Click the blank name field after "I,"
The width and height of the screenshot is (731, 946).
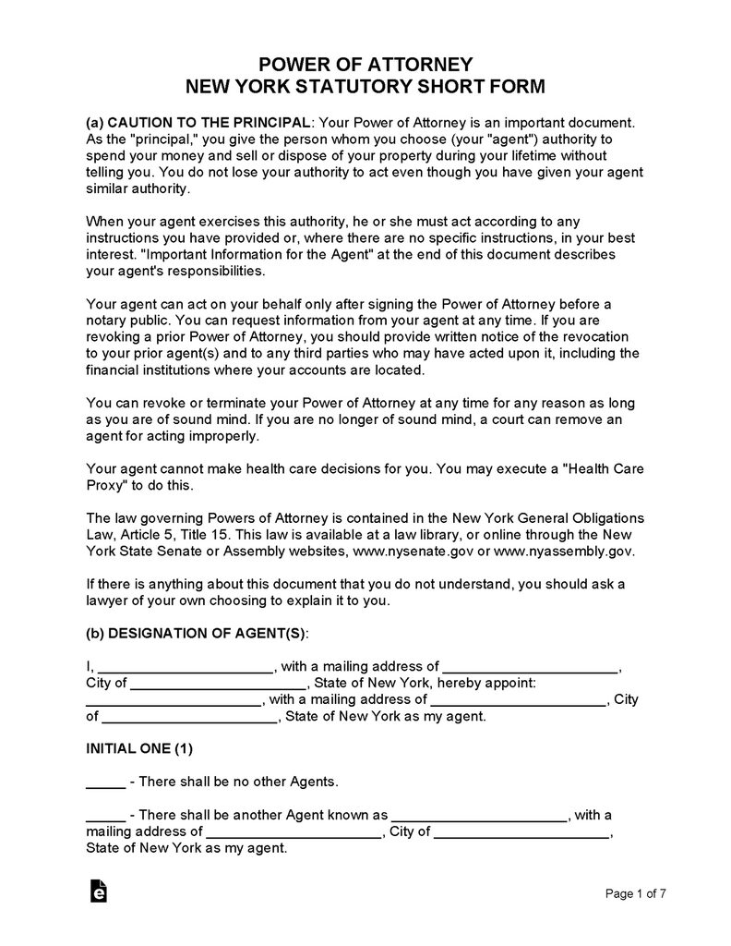[x=185, y=667]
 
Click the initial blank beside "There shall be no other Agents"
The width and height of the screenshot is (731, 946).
[x=105, y=782]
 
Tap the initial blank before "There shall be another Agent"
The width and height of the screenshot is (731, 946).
[x=105, y=816]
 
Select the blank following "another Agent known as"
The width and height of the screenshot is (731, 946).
[x=480, y=816]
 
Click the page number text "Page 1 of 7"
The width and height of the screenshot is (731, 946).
[x=635, y=893]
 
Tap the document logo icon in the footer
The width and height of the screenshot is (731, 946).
[x=98, y=891]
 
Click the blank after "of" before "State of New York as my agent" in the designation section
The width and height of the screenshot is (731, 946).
[x=188, y=716]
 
